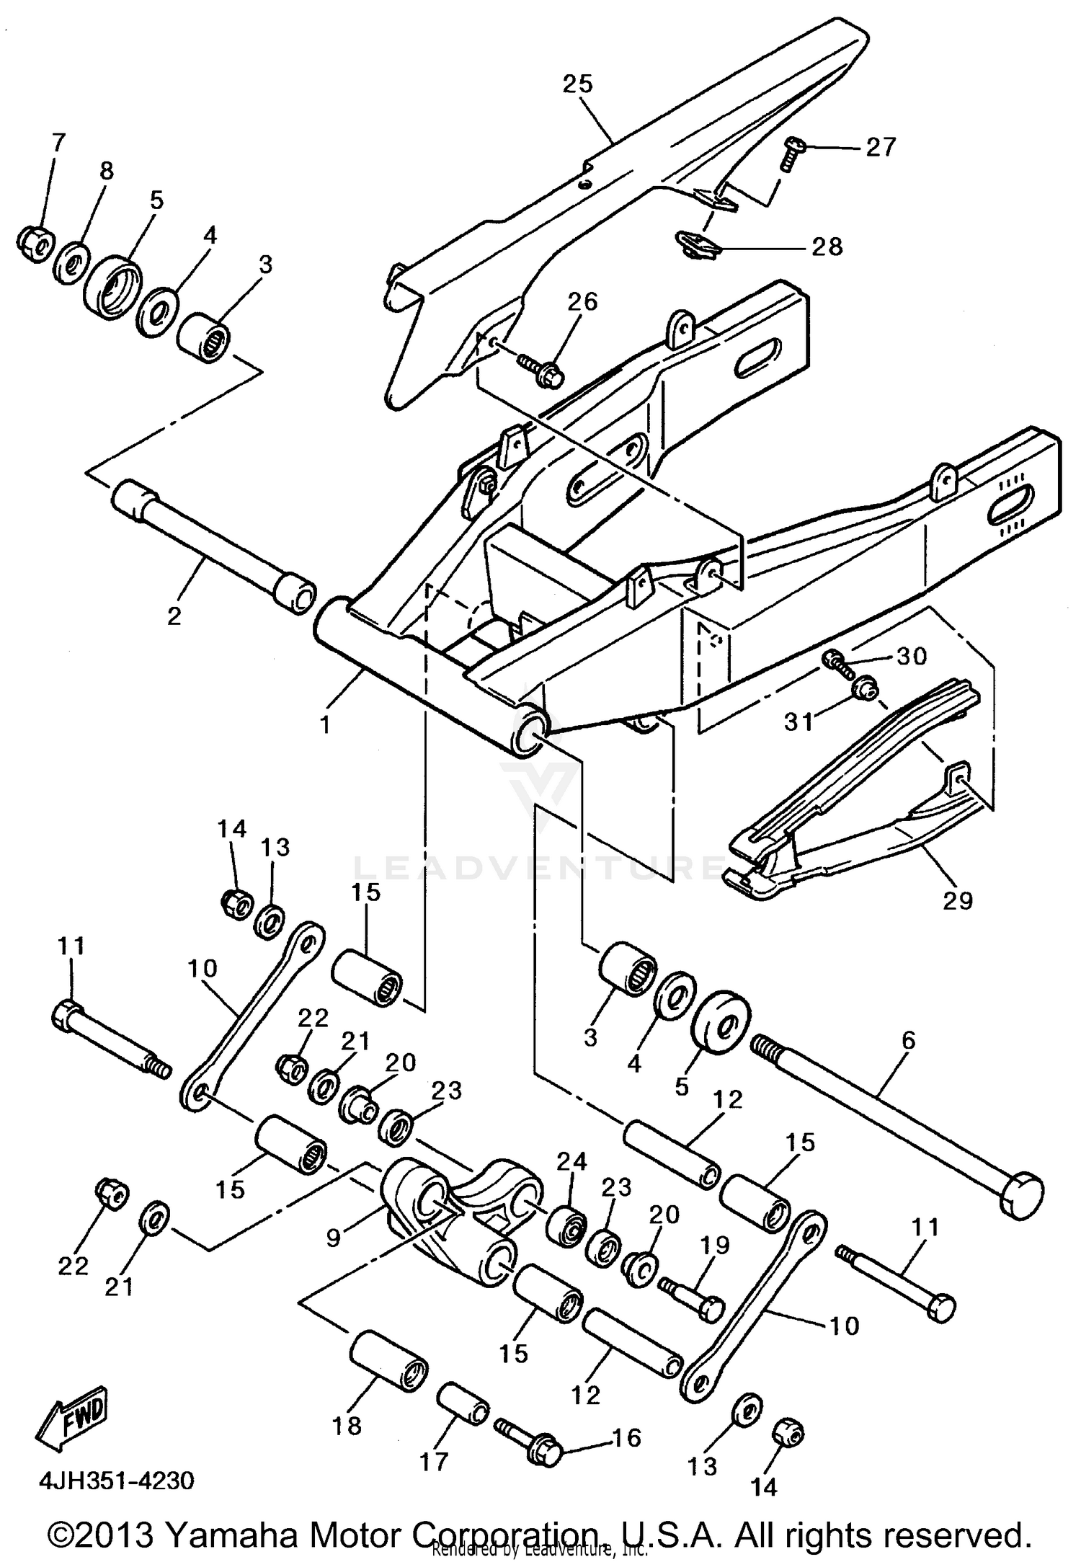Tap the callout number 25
577,84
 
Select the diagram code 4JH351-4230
116,1481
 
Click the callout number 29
958,900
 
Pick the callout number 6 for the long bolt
908,1040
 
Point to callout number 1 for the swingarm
326,724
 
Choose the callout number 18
347,1425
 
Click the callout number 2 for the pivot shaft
174,616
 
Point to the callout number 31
798,721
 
